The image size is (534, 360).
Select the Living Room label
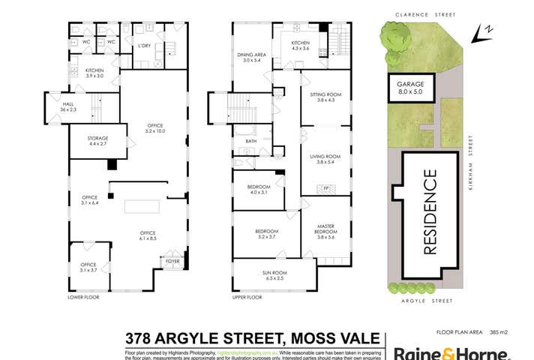click(325, 159)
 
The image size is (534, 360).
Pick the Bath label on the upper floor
click(250, 140)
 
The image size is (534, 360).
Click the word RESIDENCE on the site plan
click(430, 213)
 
